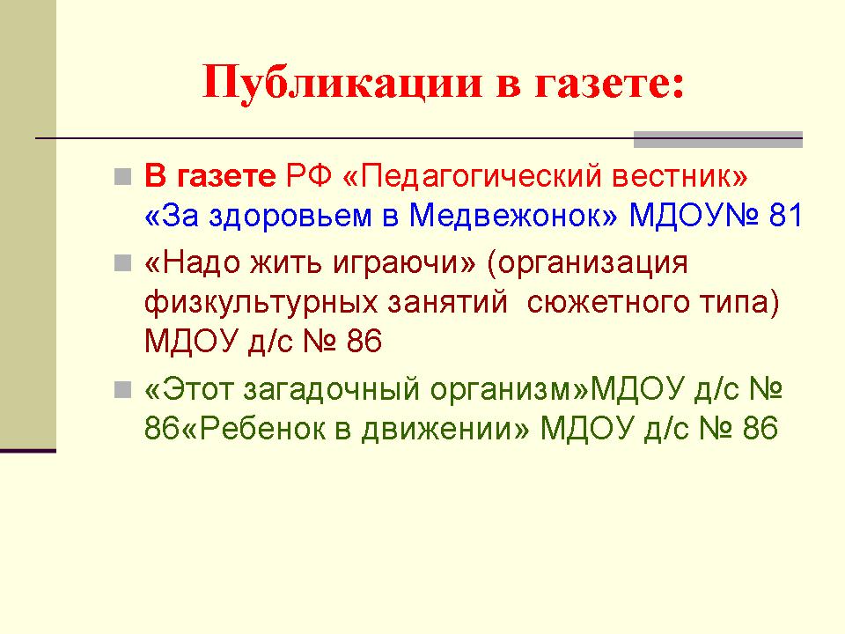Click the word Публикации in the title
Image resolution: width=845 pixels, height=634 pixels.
click(x=342, y=84)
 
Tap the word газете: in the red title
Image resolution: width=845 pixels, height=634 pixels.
click(x=609, y=84)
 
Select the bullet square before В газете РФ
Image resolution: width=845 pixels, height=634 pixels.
click(x=123, y=176)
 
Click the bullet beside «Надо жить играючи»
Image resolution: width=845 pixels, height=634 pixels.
click(x=123, y=263)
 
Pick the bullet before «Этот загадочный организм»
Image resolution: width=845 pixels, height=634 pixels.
click(x=123, y=389)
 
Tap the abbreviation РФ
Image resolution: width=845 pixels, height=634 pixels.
click(x=308, y=176)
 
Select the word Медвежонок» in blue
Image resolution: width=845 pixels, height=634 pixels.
click(x=513, y=216)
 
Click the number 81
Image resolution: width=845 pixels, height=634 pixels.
click(x=786, y=216)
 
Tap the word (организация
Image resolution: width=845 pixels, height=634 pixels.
click(x=587, y=264)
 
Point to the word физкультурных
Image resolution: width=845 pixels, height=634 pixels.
click(x=261, y=303)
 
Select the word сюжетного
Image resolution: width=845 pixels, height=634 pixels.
click(x=608, y=302)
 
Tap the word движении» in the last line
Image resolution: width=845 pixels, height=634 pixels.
click(x=445, y=430)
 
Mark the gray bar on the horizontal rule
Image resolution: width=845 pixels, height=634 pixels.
click(x=718, y=139)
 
